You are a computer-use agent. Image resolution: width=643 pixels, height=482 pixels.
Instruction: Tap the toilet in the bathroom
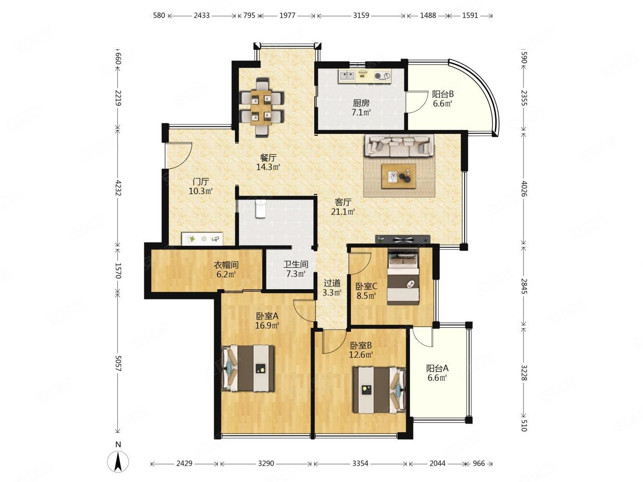click(x=260, y=209)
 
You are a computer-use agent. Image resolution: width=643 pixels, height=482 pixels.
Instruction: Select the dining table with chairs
click(x=262, y=107)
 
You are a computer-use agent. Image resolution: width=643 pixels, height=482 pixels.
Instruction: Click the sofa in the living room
click(x=398, y=146)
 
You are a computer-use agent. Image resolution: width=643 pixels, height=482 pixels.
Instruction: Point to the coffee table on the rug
click(x=398, y=176)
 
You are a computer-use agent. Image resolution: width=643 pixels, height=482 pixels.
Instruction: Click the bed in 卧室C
click(x=403, y=276)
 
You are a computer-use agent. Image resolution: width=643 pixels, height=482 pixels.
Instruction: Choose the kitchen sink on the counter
click(x=347, y=76)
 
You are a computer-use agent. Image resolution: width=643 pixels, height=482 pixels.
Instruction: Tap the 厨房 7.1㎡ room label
click(x=361, y=107)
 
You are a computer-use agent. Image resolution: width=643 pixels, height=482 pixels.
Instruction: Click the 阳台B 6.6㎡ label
click(x=442, y=99)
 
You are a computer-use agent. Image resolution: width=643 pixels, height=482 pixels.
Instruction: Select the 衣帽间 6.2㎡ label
click(x=226, y=269)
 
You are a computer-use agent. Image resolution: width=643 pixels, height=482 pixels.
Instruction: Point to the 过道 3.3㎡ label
click(x=332, y=287)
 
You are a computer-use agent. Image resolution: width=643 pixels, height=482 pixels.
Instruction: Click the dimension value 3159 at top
click(x=360, y=15)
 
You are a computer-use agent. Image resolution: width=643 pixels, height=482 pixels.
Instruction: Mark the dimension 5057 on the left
click(x=118, y=363)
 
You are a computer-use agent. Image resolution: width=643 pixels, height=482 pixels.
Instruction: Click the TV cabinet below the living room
click(x=403, y=239)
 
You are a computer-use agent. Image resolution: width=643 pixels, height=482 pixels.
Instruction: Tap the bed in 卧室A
click(x=248, y=368)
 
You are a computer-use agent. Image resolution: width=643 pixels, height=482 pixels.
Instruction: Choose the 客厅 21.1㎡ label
click(x=343, y=207)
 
